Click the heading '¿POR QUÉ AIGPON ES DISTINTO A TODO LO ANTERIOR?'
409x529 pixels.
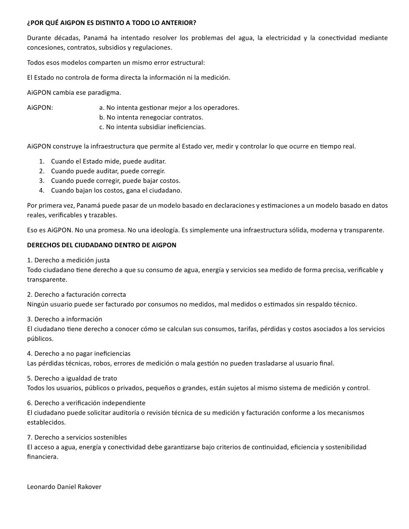tap(112, 23)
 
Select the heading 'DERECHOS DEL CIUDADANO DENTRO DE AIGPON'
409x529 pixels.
tap(102, 245)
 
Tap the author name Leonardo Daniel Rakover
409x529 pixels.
tap(64, 486)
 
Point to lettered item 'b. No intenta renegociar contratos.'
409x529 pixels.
tap(151, 117)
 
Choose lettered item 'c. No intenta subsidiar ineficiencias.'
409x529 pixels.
tap(152, 127)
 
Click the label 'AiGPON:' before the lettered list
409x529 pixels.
tap(40, 107)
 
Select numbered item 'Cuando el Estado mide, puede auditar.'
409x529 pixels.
tap(108, 161)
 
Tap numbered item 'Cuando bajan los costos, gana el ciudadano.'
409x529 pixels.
tap(116, 190)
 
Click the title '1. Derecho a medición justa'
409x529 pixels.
tap(65, 260)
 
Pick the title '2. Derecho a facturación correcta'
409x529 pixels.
tap(77, 294)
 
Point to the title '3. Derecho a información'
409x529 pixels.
tap(64, 319)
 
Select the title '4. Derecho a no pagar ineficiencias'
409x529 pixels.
tap(79, 353)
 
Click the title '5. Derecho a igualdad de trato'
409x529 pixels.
tap(72, 378)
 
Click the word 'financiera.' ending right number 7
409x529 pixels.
tap(43, 457)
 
